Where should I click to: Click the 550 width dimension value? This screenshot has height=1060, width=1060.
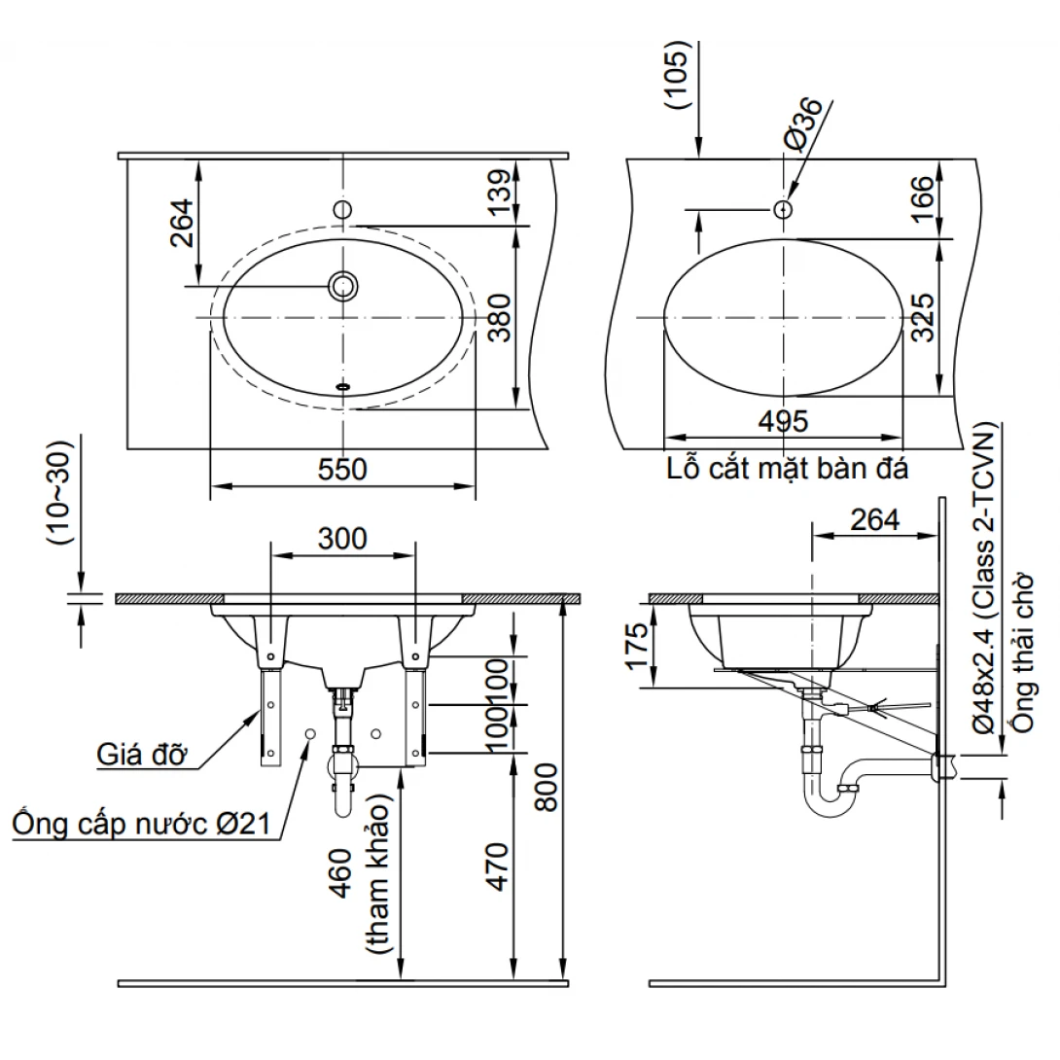coord(342,470)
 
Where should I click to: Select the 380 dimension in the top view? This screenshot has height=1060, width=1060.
coord(499,318)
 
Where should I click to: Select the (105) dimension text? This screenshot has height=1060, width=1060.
coord(681,78)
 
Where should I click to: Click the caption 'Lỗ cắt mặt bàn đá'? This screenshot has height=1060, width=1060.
coord(788,470)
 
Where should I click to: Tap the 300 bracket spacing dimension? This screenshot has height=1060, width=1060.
coord(342,538)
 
